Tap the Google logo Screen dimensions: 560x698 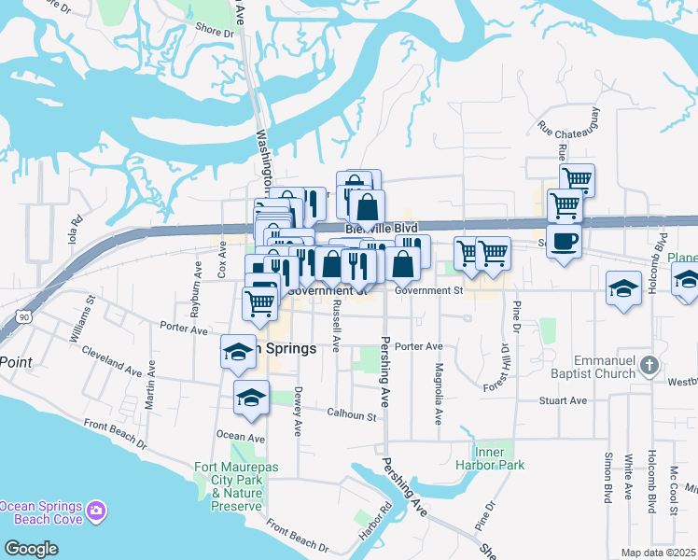[x=31, y=548]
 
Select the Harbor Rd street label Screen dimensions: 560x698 [x=376, y=526]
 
